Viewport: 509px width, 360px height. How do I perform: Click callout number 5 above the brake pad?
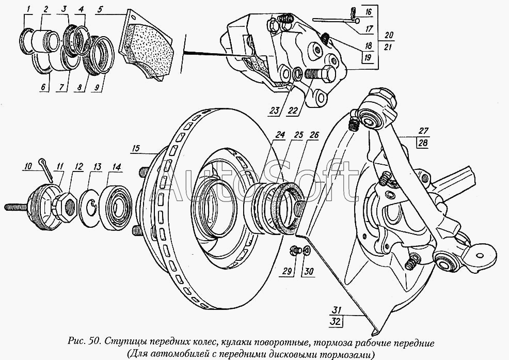point(100,9)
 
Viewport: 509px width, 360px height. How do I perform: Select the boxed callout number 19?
point(367,58)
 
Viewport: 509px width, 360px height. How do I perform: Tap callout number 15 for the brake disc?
point(136,148)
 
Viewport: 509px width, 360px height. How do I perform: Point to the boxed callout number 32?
point(336,322)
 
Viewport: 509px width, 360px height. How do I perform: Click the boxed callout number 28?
point(423,143)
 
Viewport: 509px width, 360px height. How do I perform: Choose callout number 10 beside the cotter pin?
point(28,167)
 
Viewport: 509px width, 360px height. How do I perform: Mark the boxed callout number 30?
point(309,271)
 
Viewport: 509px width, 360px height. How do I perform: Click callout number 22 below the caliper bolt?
point(292,111)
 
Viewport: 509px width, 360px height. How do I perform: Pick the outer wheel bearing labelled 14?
point(116,207)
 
